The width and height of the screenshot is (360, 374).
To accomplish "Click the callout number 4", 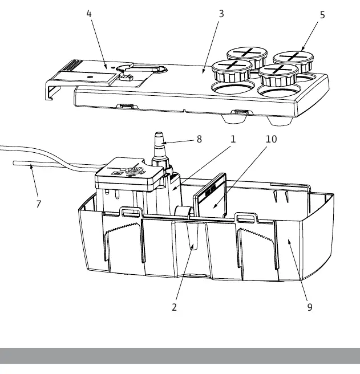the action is (89, 14).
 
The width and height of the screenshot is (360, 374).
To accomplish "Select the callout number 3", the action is (221, 14).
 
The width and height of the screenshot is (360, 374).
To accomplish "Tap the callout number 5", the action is (322, 15).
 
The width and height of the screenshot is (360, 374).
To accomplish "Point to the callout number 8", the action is (199, 139).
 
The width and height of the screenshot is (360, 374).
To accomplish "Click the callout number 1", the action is (233, 139).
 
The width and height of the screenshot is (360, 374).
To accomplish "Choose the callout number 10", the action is (271, 139).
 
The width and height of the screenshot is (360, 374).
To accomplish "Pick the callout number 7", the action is (39, 204).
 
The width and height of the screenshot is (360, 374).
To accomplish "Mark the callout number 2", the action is (174, 307).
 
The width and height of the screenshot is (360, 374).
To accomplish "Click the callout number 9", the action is (310, 307).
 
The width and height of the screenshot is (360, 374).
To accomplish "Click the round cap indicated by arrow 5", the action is (293, 61).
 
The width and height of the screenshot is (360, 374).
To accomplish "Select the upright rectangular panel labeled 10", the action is (210, 196).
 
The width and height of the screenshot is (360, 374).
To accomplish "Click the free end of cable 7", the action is (14, 163).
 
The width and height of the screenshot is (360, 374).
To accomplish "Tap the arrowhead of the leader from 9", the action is (289, 241).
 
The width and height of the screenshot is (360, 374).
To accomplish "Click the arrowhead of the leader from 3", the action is (203, 72).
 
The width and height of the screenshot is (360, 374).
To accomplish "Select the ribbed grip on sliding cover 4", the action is (72, 66).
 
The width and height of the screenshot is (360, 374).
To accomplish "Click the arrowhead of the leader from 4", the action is (106, 67).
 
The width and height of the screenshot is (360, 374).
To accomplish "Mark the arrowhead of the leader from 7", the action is (31, 166).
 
